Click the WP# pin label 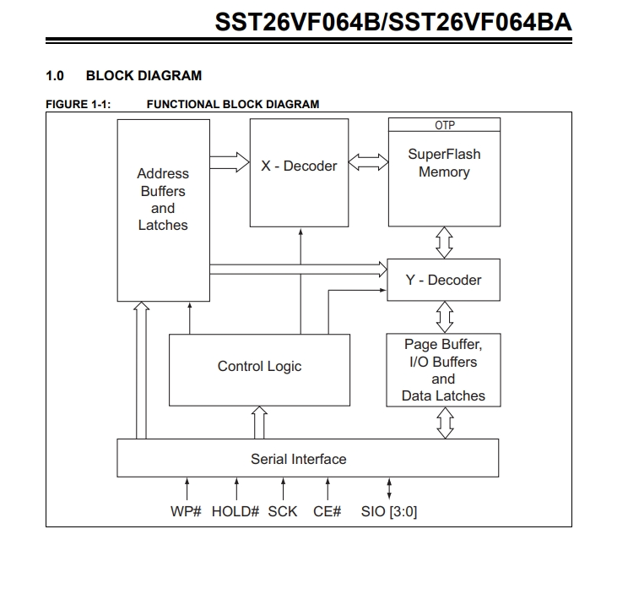click(186, 511)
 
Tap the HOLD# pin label click(235, 511)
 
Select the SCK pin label click(283, 511)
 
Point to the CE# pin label click(328, 511)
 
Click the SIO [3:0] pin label click(389, 511)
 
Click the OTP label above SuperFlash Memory click(445, 126)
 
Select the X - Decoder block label click(299, 166)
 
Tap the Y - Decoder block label click(443, 280)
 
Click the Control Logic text click(259, 366)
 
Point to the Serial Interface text click(298, 459)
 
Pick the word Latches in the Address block click(163, 226)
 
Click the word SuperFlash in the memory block click(444, 155)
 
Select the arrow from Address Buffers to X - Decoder click(230, 162)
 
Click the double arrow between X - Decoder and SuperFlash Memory click(368, 162)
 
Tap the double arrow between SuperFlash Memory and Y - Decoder click(444, 243)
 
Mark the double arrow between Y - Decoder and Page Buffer click(445, 317)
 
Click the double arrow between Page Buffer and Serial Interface click(445, 423)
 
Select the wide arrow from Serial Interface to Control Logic click(259, 423)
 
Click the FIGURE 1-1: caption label click(78, 104)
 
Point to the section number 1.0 click(55, 76)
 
